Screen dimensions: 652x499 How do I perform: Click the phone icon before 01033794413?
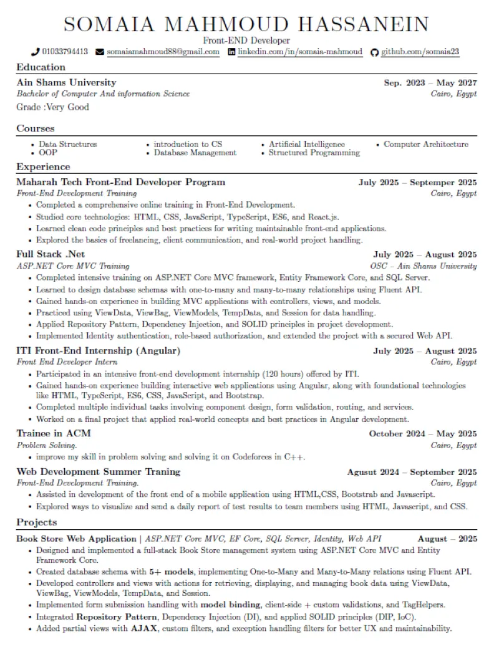pyautogui.click(x=36, y=52)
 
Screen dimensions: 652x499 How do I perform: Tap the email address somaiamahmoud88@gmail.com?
pyautogui.click(x=163, y=52)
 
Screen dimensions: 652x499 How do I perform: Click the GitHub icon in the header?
pyautogui.click(x=375, y=52)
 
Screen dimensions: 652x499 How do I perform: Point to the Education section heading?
pyautogui.click(x=41, y=67)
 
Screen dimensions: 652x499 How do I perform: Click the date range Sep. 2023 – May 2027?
pyautogui.click(x=430, y=82)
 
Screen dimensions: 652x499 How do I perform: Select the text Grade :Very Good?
pyautogui.click(x=52, y=107)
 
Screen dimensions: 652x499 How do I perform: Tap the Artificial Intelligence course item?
pyautogui.click(x=306, y=144)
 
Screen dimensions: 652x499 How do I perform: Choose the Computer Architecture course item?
pyautogui.click(x=425, y=144)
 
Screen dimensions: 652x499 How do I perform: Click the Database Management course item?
pyautogui.click(x=195, y=153)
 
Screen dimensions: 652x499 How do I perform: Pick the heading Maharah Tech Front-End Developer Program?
pyautogui.click(x=120, y=182)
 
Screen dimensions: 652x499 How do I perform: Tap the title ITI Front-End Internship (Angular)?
pyautogui.click(x=98, y=351)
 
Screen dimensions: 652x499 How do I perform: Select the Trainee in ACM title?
pyautogui.click(x=54, y=433)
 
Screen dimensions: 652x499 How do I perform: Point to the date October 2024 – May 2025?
pyautogui.click(x=422, y=434)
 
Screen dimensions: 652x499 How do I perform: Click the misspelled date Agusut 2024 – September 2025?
pyautogui.click(x=412, y=472)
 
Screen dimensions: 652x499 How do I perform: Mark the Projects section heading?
pyautogui.click(x=36, y=522)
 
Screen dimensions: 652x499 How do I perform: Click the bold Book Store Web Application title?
pyautogui.click(x=76, y=539)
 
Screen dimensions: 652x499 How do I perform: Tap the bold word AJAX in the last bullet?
pyautogui.click(x=143, y=628)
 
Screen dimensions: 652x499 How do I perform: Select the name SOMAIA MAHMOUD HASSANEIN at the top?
pyautogui.click(x=246, y=24)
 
